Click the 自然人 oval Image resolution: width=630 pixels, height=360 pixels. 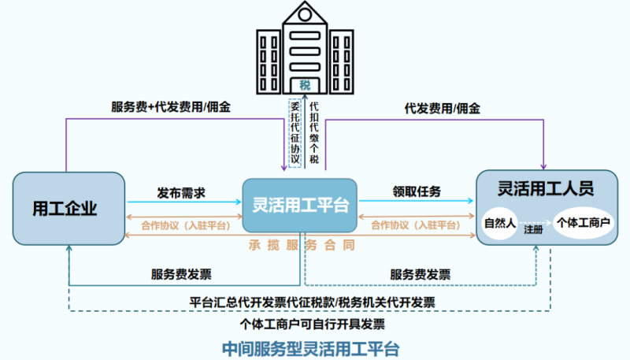499,224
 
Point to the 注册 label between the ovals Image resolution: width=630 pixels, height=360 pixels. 534,232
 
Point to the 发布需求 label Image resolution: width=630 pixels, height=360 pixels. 181,191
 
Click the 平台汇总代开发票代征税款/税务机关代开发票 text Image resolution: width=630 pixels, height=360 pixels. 313,302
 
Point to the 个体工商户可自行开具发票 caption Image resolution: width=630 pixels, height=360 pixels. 313,323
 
